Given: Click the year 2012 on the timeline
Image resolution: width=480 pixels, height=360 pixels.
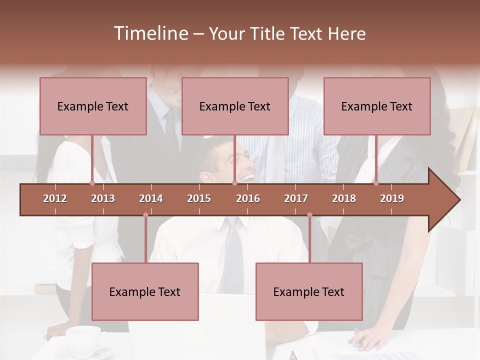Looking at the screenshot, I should [55, 198].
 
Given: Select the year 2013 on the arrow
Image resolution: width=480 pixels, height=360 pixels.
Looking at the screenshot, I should [103, 198].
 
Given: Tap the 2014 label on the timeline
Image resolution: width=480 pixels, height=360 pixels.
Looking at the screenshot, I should [151, 198].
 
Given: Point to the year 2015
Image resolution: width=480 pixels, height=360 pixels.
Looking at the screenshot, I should [199, 198].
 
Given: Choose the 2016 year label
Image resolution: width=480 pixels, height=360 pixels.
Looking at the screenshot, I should [248, 198].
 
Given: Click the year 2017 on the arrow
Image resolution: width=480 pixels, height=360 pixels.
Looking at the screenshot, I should [296, 198].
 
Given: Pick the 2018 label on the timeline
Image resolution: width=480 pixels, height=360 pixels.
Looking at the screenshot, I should [344, 198].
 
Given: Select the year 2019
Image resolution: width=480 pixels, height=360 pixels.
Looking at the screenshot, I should [392, 198].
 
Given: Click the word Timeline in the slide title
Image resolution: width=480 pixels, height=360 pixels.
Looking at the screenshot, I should [149, 33].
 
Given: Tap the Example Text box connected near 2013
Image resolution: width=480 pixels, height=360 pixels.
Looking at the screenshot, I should [93, 106].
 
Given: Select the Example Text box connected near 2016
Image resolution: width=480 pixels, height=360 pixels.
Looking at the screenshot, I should [235, 106].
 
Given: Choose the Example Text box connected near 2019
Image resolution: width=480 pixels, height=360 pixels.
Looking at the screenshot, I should [377, 106].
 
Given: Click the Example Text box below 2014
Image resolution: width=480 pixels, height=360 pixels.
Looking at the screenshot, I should [145, 291].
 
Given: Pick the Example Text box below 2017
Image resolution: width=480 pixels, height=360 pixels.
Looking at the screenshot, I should [309, 291].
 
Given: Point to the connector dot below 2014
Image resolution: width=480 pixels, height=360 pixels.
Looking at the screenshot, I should [145, 215].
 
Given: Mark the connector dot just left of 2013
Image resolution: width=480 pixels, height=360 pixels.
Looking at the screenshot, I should [92, 183].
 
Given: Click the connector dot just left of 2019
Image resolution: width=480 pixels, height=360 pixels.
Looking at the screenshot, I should [376, 183].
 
